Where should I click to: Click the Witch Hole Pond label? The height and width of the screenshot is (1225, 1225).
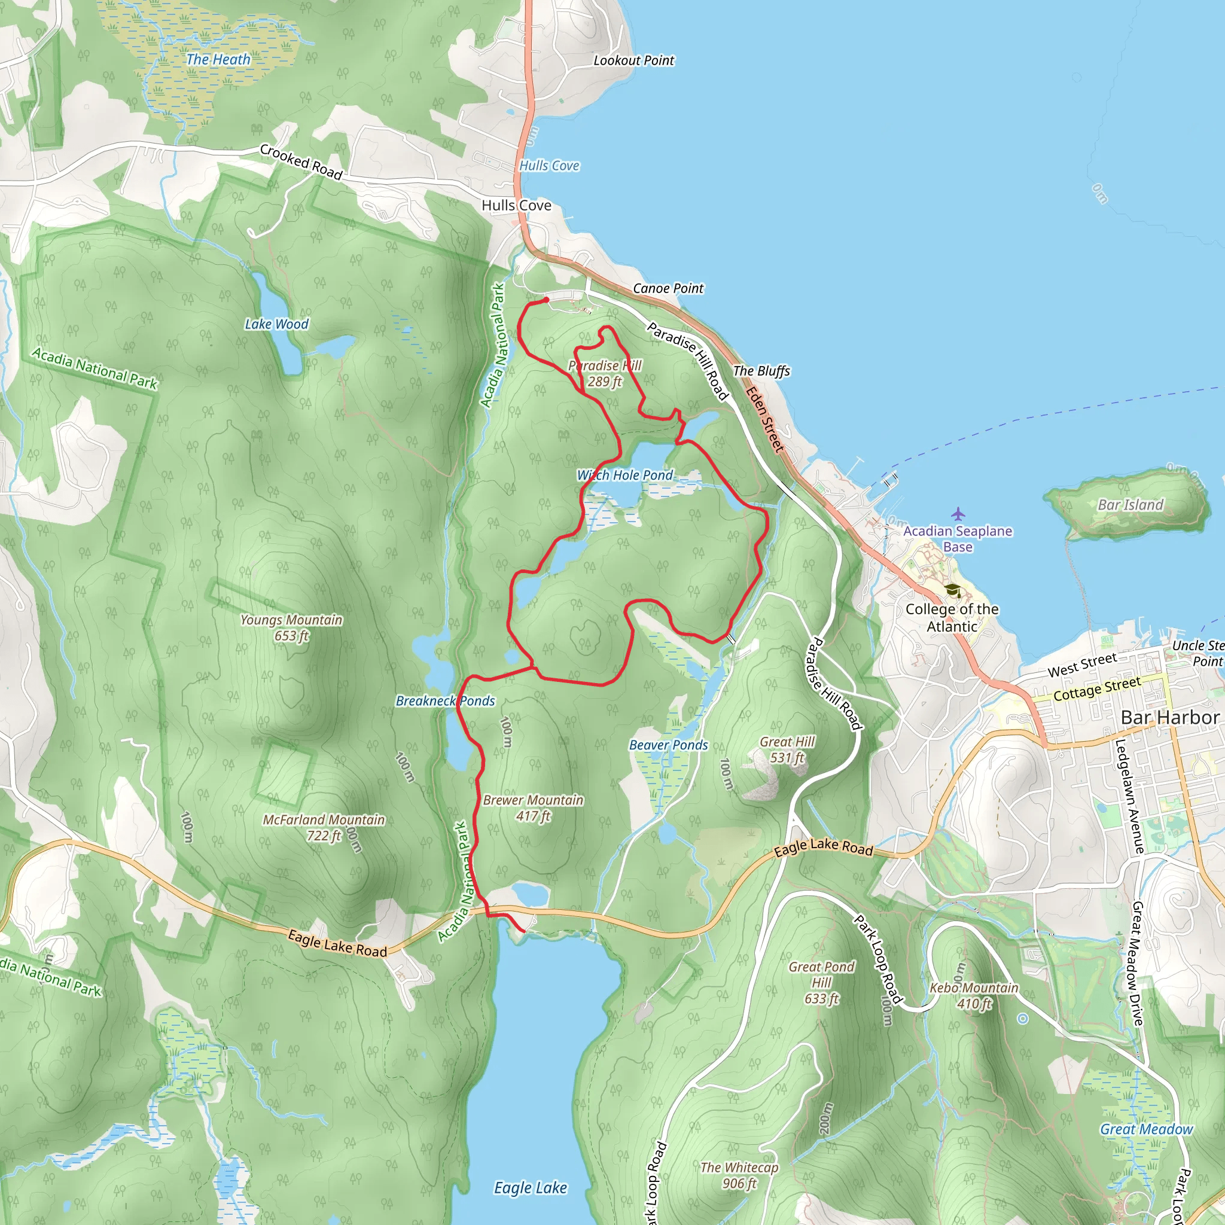(x=624, y=475)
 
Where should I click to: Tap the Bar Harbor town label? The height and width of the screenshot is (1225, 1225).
(x=1169, y=717)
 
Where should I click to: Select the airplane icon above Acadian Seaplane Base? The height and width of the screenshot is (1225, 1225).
(x=958, y=514)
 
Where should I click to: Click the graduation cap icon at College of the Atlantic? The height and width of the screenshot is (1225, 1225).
(x=952, y=591)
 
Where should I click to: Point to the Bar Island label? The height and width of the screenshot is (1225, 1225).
(x=1130, y=505)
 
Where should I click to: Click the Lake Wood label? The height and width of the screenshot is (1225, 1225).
(x=276, y=324)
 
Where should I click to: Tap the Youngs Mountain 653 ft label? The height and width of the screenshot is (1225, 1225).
(x=291, y=627)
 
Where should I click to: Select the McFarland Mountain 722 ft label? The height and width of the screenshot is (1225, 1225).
(x=324, y=827)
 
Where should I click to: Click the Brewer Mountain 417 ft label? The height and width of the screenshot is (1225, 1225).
(x=532, y=807)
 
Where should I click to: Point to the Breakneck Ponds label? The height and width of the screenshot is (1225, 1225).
(x=445, y=700)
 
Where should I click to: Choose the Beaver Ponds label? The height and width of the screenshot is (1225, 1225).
(x=668, y=745)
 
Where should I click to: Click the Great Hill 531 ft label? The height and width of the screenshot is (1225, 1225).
(x=787, y=749)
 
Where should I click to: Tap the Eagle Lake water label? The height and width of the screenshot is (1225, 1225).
(x=530, y=1187)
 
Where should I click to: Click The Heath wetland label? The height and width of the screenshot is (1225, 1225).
(x=218, y=60)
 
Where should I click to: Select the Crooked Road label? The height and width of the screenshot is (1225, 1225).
(x=301, y=161)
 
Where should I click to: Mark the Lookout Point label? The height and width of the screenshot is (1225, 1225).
(x=633, y=61)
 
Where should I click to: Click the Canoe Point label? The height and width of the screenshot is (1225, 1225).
(x=668, y=288)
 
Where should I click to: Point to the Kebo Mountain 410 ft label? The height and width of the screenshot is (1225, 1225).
(x=973, y=995)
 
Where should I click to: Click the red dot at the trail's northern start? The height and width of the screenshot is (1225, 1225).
(x=547, y=300)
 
